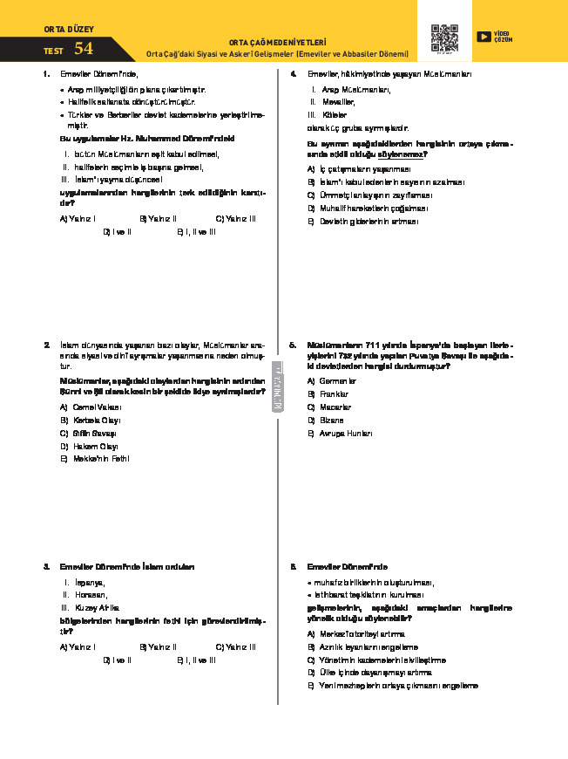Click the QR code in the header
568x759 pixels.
point(444,38)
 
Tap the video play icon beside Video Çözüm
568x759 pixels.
point(483,36)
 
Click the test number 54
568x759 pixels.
point(84,49)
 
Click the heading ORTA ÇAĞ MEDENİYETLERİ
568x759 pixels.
point(277,41)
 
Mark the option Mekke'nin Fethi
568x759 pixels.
point(100,458)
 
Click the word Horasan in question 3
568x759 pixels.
point(90,594)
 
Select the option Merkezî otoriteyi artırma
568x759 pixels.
point(362,633)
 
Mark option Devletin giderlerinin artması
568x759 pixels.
point(369,222)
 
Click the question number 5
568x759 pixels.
point(293,345)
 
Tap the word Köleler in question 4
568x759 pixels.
point(334,114)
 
